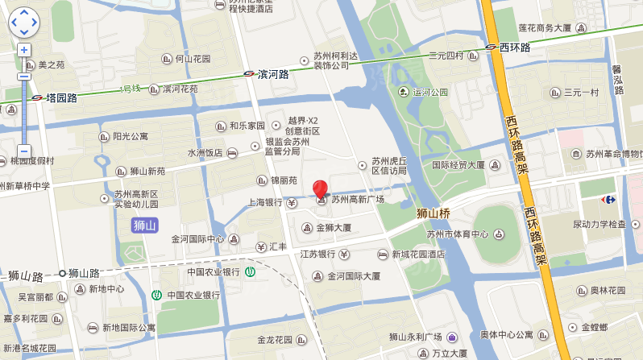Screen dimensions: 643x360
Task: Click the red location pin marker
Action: pyautogui.click(x=320, y=188)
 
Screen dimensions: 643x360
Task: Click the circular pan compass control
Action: pyautogui.click(x=24, y=23)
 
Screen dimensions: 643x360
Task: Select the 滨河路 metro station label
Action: pyautogui.click(x=273, y=73)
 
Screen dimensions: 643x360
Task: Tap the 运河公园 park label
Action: pyautogui.click(x=429, y=92)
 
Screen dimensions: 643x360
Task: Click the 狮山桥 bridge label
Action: pyautogui.click(x=432, y=213)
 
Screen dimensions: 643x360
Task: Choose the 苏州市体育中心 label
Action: pyautogui.click(x=457, y=234)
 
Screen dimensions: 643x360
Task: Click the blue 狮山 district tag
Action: pyautogui.click(x=143, y=225)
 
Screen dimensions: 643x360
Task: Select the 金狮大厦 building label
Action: pyautogui.click(x=333, y=228)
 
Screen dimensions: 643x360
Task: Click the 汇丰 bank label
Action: pyautogui.click(x=277, y=246)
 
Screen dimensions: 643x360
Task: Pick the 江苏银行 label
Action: pyautogui.click(x=317, y=254)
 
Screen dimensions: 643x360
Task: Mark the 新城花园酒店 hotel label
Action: pyautogui.click(x=418, y=254)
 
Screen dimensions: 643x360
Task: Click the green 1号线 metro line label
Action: pyautogui.click(x=131, y=88)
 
